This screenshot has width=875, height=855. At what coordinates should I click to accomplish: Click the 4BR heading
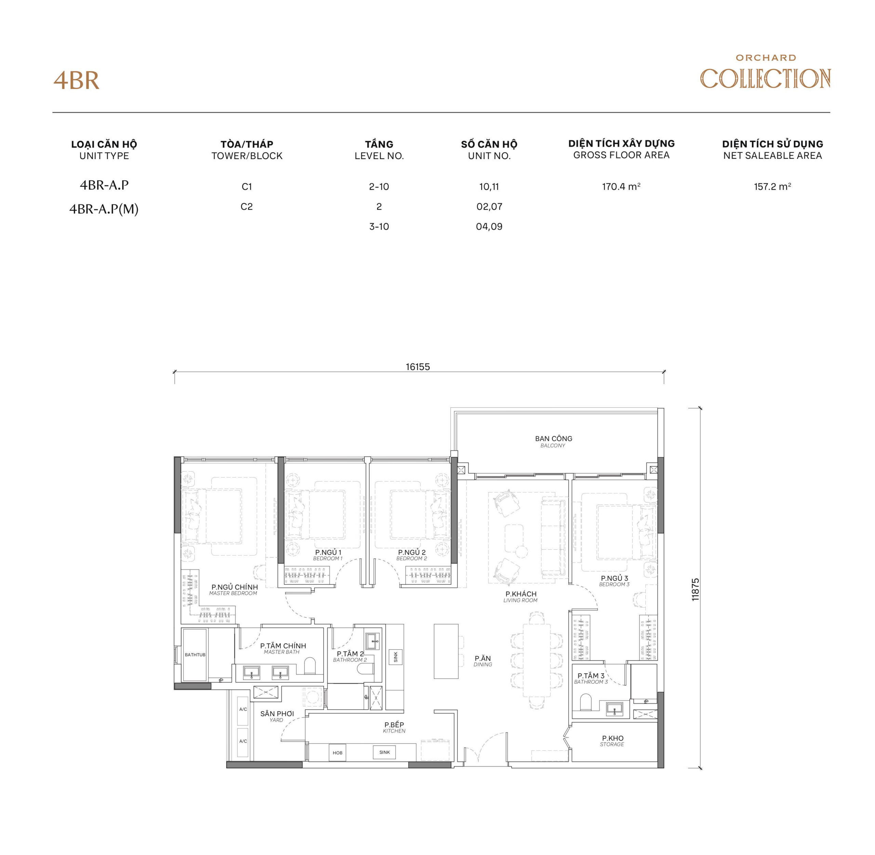click(x=76, y=81)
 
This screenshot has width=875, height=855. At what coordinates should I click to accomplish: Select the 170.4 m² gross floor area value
click(x=621, y=186)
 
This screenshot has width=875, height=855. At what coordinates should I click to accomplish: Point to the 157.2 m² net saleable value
click(x=772, y=186)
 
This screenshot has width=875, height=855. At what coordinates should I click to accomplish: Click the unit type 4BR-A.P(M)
click(x=104, y=209)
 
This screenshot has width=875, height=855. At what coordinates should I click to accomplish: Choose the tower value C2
click(x=246, y=207)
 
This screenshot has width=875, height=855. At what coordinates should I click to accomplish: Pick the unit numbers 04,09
click(x=489, y=226)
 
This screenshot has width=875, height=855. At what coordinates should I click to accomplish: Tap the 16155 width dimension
click(x=417, y=367)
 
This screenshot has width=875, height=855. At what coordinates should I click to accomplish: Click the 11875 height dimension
click(x=695, y=590)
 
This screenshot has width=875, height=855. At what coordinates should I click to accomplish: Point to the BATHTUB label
click(x=195, y=655)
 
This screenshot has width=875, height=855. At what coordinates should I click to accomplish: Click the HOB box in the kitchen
click(x=337, y=753)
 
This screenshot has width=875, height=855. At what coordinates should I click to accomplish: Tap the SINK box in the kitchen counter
click(x=384, y=752)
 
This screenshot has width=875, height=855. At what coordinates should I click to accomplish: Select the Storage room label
click(x=612, y=741)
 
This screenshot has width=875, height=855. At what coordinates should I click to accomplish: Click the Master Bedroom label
click(x=234, y=590)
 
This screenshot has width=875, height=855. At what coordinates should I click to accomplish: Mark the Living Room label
click(x=521, y=597)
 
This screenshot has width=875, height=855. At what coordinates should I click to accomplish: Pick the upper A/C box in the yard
click(x=243, y=710)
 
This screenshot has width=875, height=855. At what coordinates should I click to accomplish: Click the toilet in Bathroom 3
click(x=585, y=701)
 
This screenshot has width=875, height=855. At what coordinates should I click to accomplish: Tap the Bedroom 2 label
click(x=412, y=555)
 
